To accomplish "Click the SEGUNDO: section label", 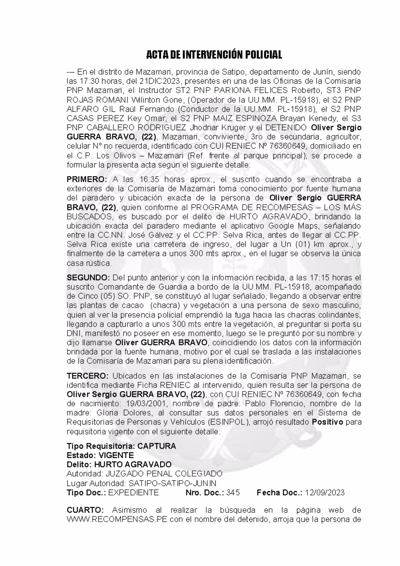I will [88, 278].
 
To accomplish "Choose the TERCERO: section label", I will [88, 375].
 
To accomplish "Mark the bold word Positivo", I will [327, 422].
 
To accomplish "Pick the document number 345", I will [233, 493].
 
